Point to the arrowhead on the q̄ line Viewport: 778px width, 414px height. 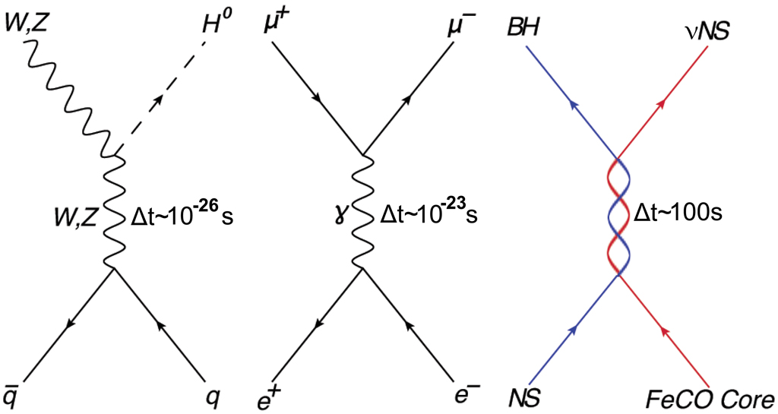69,324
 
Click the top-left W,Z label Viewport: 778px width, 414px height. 25,24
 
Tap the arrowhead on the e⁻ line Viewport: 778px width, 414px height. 408,325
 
